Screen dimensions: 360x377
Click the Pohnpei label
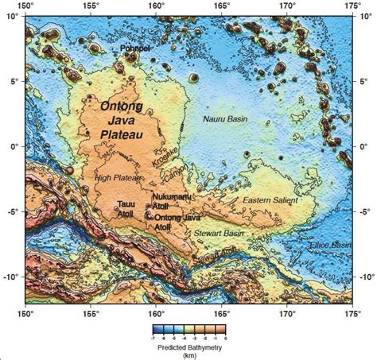[x=135, y=48]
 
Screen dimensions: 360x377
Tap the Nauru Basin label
[x=226, y=118]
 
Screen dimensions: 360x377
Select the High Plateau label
[x=113, y=179]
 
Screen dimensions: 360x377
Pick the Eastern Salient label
[x=268, y=199]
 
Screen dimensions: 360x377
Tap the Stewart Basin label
[x=219, y=234]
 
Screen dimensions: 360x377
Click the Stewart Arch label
[x=216, y=254]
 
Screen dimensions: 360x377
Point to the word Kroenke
[x=166, y=155]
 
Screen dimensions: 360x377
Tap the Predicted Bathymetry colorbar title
[x=188, y=347]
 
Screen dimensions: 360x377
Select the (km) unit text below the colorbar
[x=188, y=356]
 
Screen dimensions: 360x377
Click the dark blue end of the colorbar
[x=156, y=330]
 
